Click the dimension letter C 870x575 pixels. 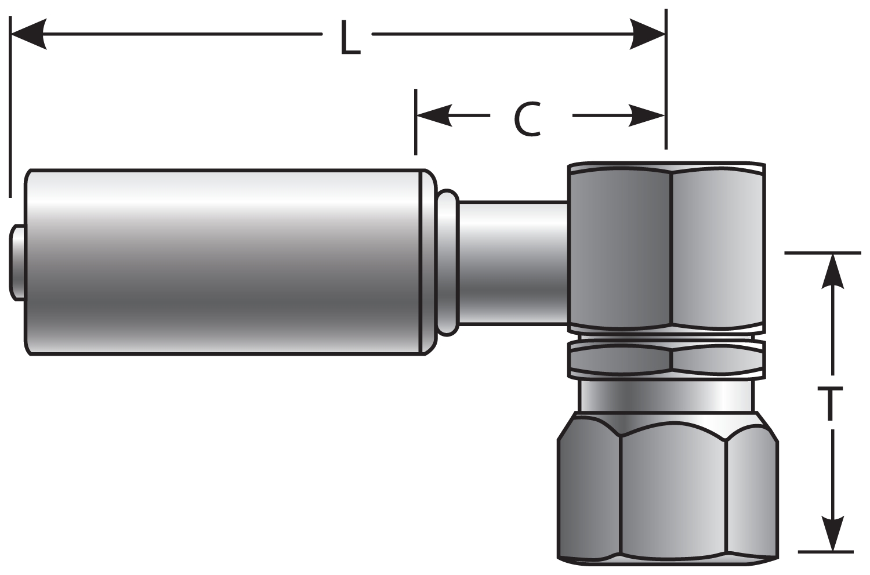(x=528, y=120)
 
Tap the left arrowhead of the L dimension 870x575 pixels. (x=29, y=34)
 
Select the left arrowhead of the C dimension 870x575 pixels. (x=434, y=115)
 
